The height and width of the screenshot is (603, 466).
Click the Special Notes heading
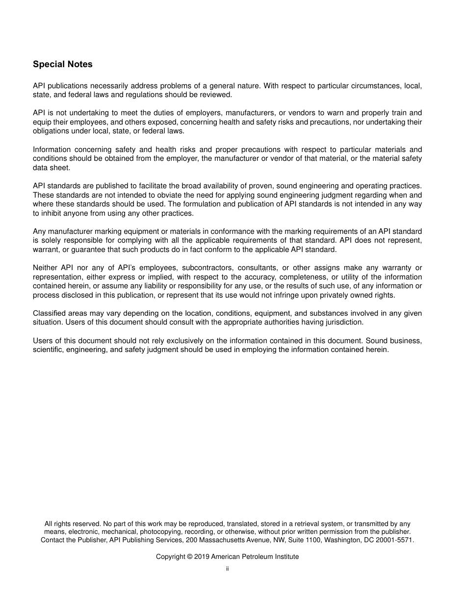tap(62, 64)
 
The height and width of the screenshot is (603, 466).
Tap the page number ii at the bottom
tap(227, 569)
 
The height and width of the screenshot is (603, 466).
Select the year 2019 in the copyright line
tap(202, 557)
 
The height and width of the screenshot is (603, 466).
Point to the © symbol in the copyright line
tap(190, 557)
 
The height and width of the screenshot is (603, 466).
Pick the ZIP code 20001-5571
tap(396, 540)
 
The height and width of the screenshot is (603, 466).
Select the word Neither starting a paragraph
tap(45, 268)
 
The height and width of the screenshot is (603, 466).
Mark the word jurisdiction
tap(343, 322)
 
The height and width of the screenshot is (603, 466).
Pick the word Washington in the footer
tap(343, 540)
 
